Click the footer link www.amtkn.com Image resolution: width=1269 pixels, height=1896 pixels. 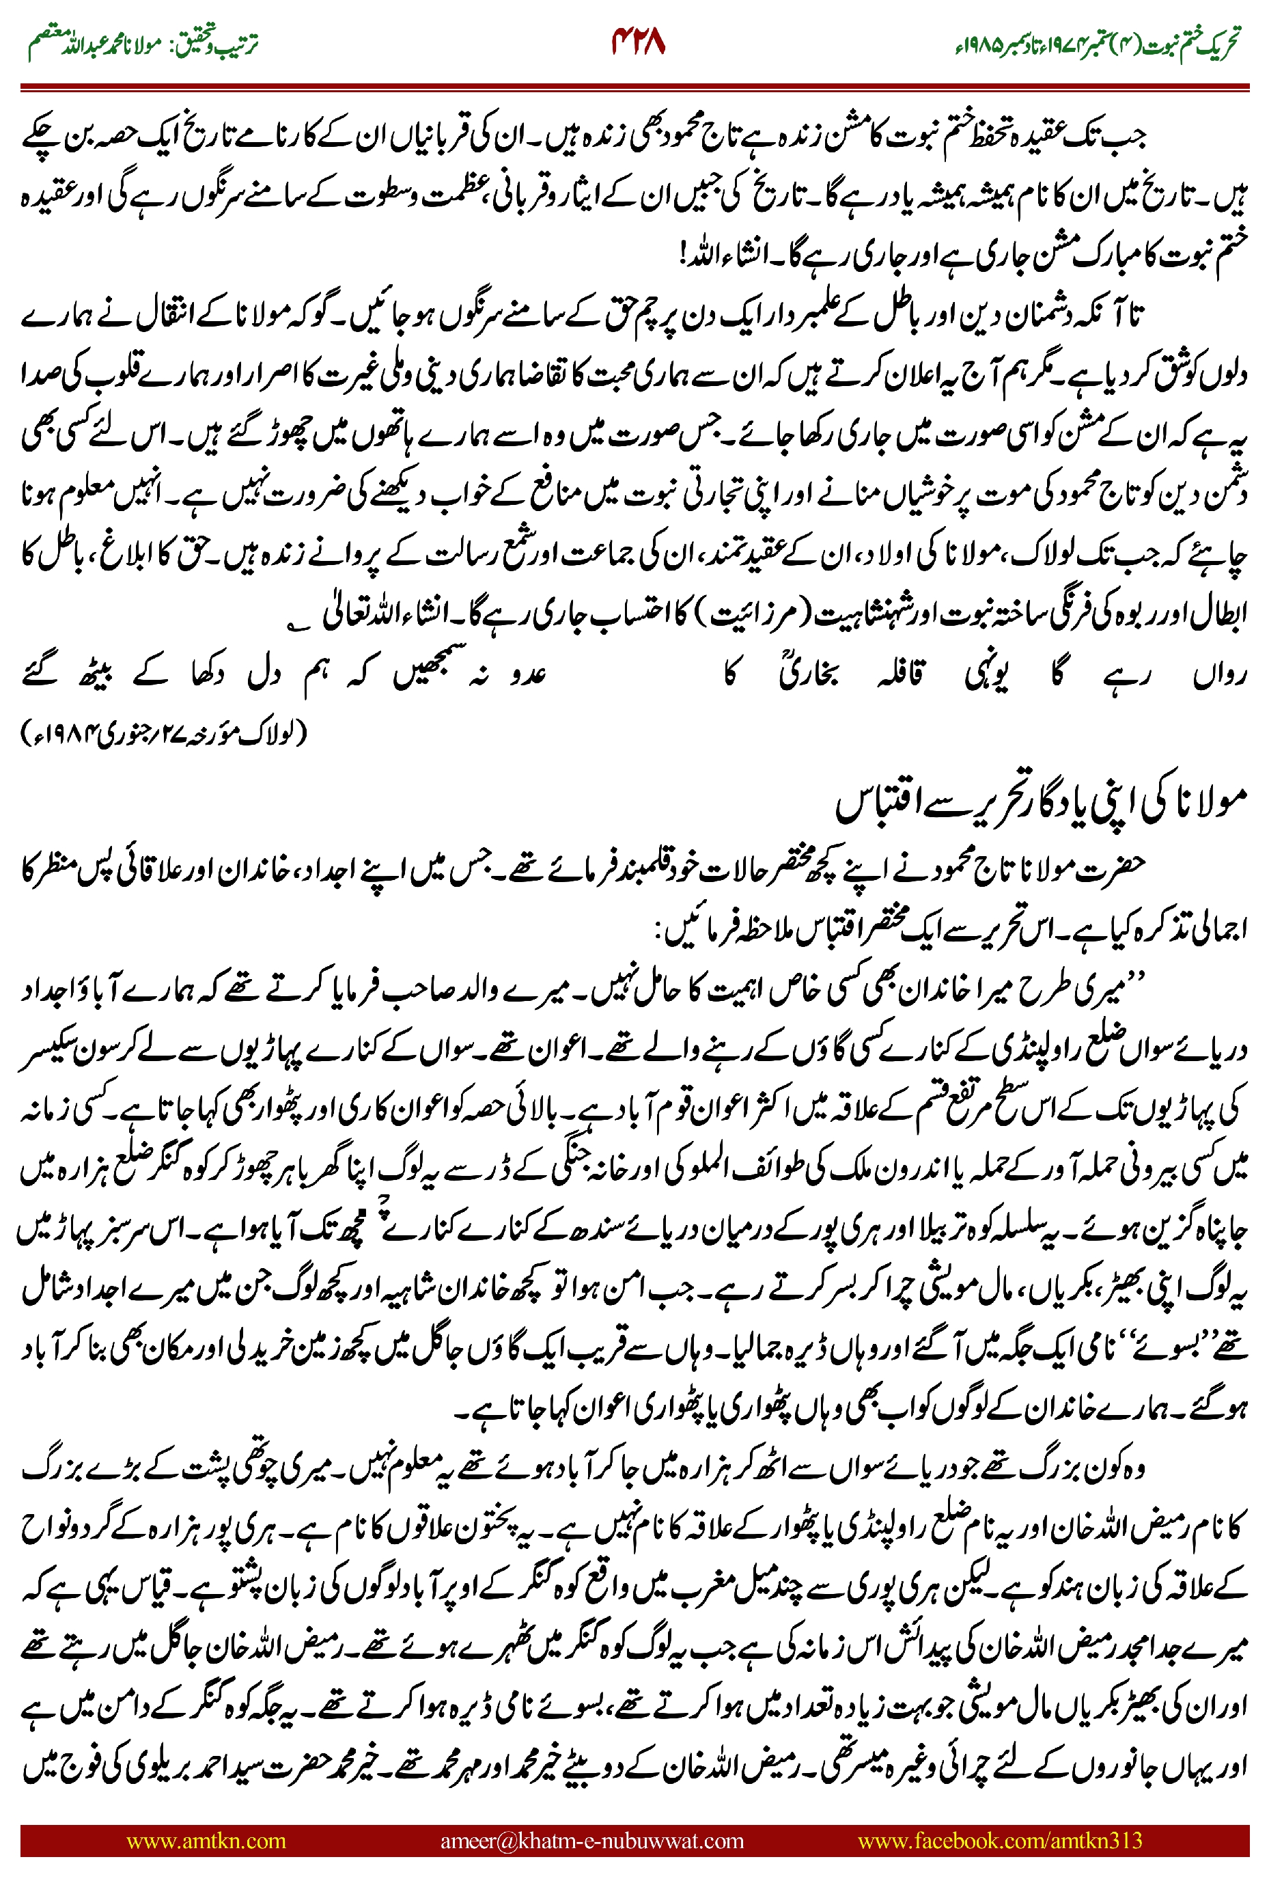point(206,1841)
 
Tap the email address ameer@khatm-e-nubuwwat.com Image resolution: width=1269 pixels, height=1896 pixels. point(591,1841)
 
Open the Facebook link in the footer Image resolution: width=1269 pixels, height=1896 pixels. point(999,1841)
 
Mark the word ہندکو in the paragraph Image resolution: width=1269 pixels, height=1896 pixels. point(1061,1591)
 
